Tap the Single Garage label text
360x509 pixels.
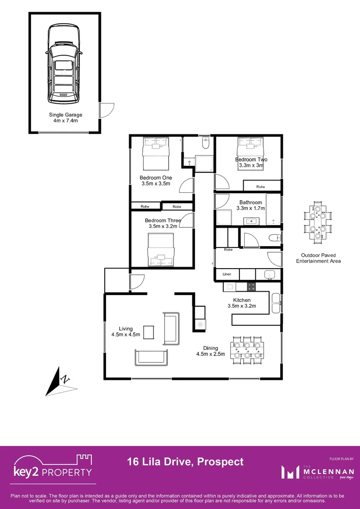pos(65,118)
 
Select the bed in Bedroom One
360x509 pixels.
pos(156,154)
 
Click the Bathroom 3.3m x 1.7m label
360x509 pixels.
pos(250,206)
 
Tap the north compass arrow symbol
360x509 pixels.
pos(60,381)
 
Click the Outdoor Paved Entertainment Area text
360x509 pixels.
pos(319,258)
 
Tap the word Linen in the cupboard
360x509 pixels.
pos(227,274)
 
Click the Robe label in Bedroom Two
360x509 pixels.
pos(261,187)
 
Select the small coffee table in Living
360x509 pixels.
pos(149,332)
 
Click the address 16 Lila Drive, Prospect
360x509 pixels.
pos(185,462)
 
